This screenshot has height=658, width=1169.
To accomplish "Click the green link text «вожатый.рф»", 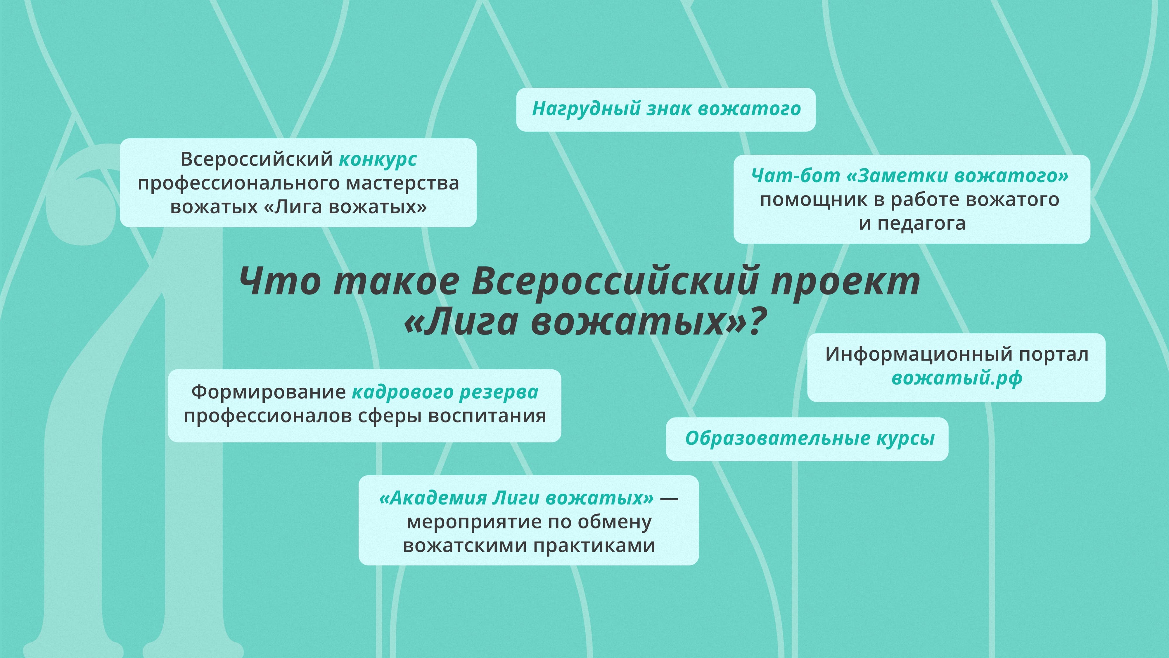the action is [957, 378].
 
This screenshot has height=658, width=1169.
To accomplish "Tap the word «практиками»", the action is [594, 545].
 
